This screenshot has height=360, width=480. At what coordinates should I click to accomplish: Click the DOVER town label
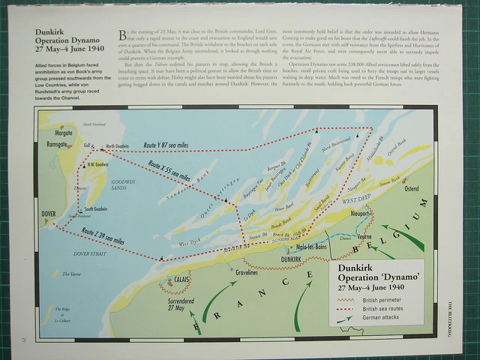[x=49, y=214]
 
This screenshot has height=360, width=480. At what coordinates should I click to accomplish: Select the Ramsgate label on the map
[x=57, y=143]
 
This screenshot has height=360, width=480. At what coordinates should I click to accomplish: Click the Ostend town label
[x=412, y=188]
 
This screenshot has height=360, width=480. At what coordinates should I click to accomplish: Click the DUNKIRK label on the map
[x=291, y=259]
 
